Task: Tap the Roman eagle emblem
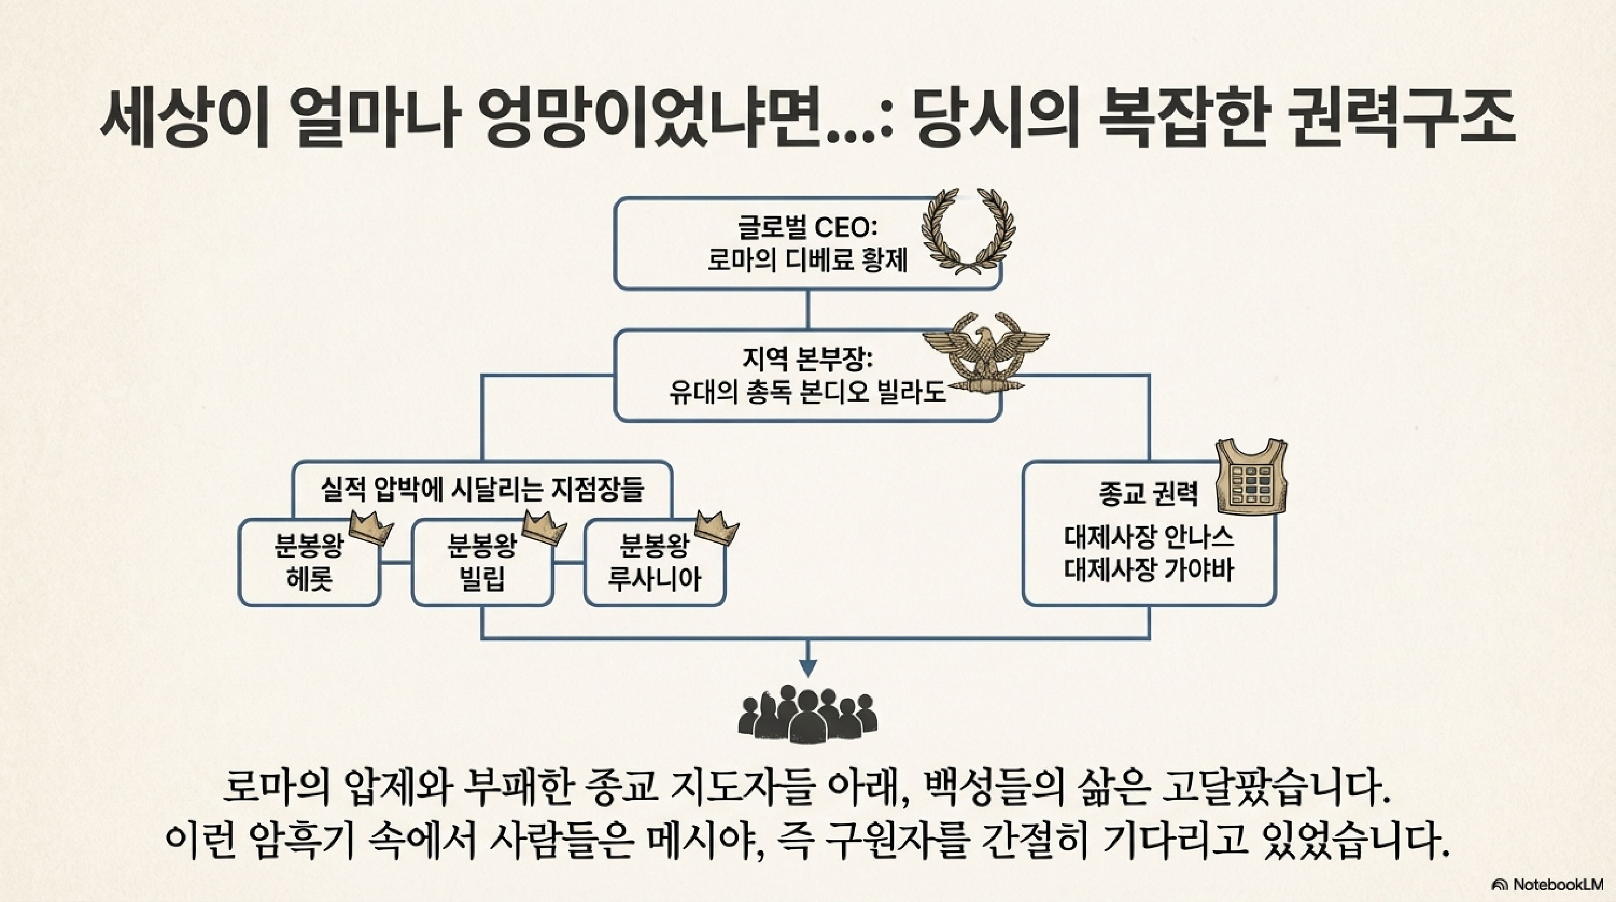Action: pos(985,355)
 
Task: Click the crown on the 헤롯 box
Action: pos(370,529)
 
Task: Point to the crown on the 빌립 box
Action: pos(544,529)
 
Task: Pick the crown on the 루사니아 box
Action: pos(716,529)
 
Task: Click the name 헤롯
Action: pos(309,578)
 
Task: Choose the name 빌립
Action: pos(482,578)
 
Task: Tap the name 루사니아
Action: pos(654,578)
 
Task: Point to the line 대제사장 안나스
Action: pos(1149,537)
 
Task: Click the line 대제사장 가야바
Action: pos(1149,570)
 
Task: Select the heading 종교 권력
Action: pos(1148,494)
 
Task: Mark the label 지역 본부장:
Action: pos(807,359)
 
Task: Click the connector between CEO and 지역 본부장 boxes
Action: pos(807,309)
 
